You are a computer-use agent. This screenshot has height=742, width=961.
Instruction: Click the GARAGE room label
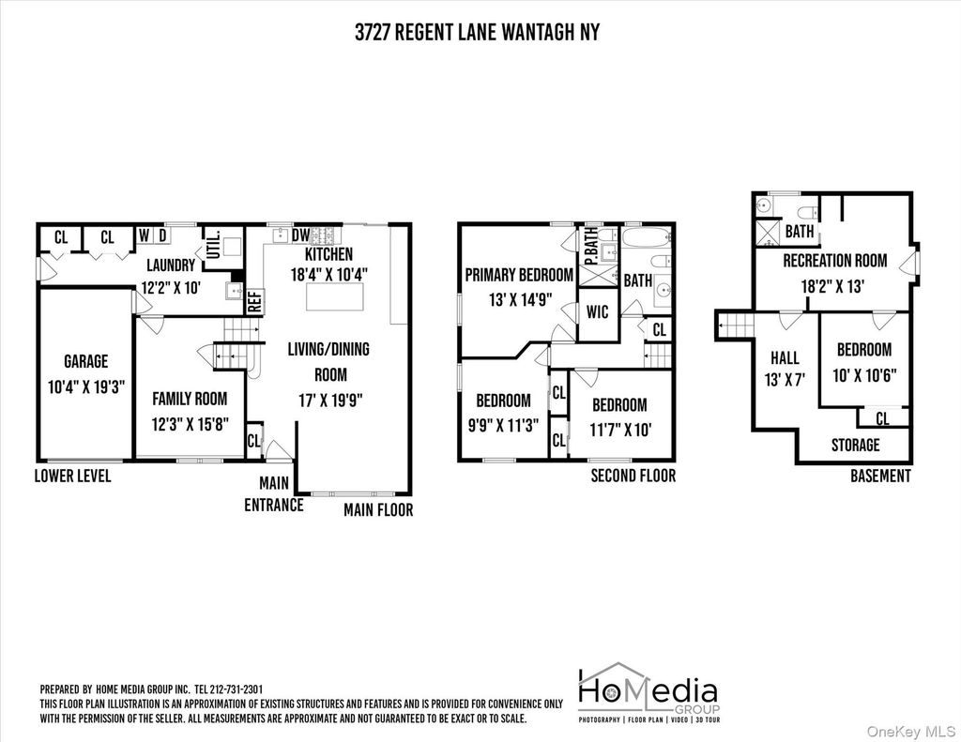[x=85, y=361]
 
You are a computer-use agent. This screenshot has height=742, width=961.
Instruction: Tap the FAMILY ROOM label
[x=190, y=399]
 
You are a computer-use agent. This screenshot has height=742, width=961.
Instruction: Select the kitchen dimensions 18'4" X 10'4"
[x=329, y=274]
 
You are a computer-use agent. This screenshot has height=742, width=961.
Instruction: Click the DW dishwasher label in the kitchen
[x=300, y=235]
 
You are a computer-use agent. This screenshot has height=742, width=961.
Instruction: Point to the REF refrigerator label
[x=255, y=301]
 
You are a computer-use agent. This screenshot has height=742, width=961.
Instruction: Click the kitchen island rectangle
[x=335, y=297]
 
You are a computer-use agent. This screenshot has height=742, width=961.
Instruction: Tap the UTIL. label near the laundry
[x=213, y=243]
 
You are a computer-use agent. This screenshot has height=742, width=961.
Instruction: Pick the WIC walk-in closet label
[x=597, y=311]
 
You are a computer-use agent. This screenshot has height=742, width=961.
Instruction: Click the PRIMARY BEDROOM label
[x=519, y=275]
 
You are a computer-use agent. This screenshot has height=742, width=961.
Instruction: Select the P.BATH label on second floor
[x=591, y=245]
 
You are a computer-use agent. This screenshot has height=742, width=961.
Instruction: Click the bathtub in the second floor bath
[x=648, y=237]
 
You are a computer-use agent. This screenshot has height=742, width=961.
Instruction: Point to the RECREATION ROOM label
[x=834, y=261]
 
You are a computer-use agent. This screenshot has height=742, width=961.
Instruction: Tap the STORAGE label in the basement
[x=856, y=445]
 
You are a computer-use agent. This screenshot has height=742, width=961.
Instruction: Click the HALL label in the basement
[x=785, y=357]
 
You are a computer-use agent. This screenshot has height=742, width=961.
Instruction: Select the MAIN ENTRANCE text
[x=274, y=493]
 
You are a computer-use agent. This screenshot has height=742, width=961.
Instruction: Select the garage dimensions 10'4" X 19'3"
[x=86, y=387]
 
